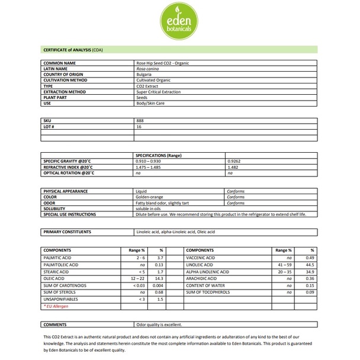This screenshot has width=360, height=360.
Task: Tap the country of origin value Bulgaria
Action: click(x=144, y=74)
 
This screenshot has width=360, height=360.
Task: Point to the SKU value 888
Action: click(x=140, y=121)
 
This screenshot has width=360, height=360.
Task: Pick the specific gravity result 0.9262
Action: click(x=236, y=161)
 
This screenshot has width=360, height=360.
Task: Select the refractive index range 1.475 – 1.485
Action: click(x=153, y=167)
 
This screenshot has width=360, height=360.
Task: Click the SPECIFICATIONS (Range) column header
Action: click(x=160, y=155)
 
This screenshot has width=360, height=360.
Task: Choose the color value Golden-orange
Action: click(x=150, y=197)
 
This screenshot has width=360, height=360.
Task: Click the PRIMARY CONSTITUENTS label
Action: click(x=67, y=232)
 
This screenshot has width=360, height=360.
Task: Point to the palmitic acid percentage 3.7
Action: click(x=160, y=258)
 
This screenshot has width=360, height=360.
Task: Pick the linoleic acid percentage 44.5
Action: click(x=309, y=265)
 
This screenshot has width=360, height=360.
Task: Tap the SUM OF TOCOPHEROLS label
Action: click(x=208, y=292)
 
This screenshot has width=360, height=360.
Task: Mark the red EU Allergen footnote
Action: click(x=57, y=306)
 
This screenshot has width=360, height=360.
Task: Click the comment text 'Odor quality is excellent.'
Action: click(x=159, y=324)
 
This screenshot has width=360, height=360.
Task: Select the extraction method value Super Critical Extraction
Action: click(x=159, y=92)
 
